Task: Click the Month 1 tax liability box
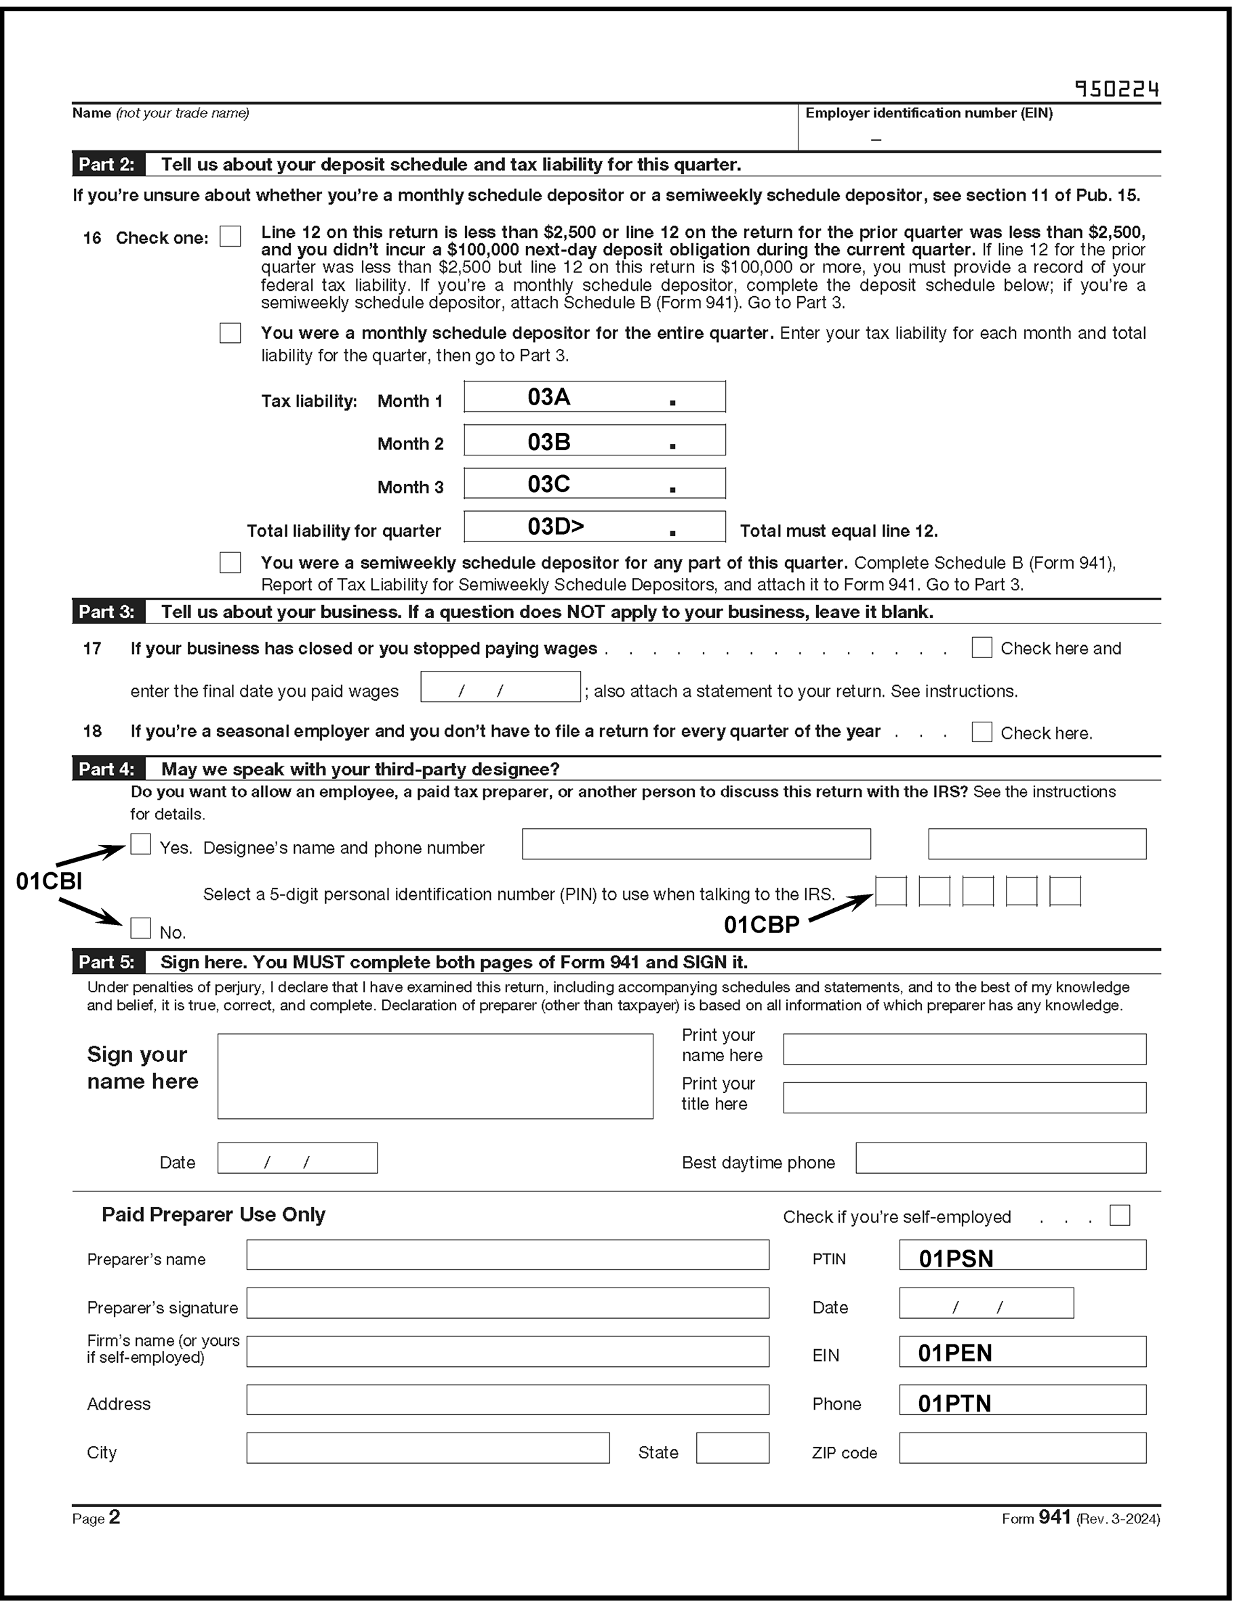point(594,397)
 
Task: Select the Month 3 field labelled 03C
point(594,483)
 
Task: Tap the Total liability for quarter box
point(594,527)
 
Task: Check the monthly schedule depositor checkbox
point(230,333)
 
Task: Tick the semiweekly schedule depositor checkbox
point(230,562)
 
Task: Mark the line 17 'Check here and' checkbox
point(982,648)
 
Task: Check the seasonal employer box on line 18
point(982,732)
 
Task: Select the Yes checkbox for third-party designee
point(140,844)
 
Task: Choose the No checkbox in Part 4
point(140,928)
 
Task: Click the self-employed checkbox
point(1119,1216)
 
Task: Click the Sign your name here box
point(434,1076)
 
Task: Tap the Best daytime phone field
point(1000,1158)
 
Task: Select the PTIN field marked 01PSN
point(1022,1255)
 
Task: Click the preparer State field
point(733,1448)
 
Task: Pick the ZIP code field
point(1022,1448)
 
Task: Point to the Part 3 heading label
point(107,612)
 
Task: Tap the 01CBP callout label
point(761,925)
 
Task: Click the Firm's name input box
point(507,1352)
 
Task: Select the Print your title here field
point(965,1098)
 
